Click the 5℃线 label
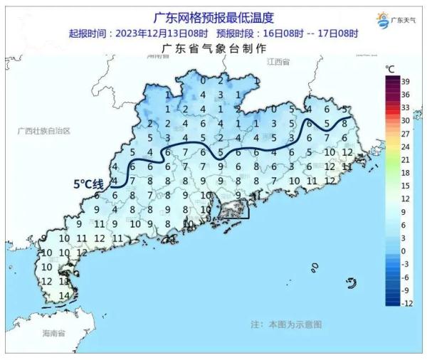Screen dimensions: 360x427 tap(89, 184)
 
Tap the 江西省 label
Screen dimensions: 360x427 tap(279, 63)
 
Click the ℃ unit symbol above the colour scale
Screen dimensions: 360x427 tap(391, 68)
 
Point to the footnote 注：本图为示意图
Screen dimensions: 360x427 tap(286, 324)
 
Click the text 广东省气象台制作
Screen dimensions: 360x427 tap(213, 48)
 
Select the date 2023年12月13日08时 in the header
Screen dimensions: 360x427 tap(154, 33)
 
